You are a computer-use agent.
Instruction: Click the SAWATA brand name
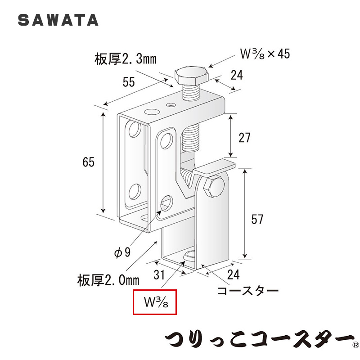(x=58, y=20)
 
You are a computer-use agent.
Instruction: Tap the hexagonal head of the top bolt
(x=192, y=76)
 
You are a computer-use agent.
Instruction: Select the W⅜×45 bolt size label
(x=265, y=54)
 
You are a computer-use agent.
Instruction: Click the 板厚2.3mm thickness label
(x=126, y=59)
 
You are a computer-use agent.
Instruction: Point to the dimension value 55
(x=129, y=82)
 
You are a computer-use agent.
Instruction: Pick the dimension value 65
(x=88, y=162)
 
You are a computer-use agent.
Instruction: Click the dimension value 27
(x=244, y=138)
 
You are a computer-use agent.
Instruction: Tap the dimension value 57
(x=257, y=219)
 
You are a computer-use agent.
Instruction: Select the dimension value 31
(x=159, y=274)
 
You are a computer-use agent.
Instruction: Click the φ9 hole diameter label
(x=122, y=252)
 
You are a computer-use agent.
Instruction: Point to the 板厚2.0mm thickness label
(x=108, y=280)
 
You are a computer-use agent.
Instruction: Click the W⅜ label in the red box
(x=156, y=302)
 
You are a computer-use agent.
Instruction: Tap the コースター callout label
(x=248, y=291)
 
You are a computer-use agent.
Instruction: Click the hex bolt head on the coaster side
(x=214, y=187)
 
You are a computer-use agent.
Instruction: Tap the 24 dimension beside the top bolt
(x=237, y=75)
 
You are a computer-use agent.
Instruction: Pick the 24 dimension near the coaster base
(x=233, y=274)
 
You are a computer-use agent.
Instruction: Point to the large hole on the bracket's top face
(x=151, y=112)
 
